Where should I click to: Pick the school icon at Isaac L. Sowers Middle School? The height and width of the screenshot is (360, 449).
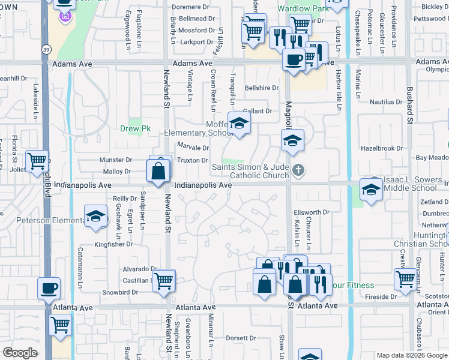pyautogui.click(x=370, y=190)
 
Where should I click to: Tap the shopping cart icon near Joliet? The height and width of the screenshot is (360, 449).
pyautogui.click(x=37, y=160)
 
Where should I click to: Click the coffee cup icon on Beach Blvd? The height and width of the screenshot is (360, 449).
pyautogui.click(x=49, y=288)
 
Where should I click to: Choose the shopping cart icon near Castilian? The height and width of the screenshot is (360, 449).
pyautogui.click(x=163, y=280)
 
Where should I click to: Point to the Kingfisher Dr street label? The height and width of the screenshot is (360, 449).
pyautogui.click(x=113, y=244)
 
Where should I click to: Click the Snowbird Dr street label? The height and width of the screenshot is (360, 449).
pyautogui.click(x=119, y=292)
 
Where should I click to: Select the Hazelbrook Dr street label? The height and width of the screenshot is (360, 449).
pyautogui.click(x=381, y=148)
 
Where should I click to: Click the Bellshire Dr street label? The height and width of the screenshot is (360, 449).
pyautogui.click(x=262, y=88)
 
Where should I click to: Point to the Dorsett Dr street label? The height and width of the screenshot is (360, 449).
pyautogui.click(x=242, y=338)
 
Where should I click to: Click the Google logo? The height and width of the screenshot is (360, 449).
pyautogui.click(x=20, y=352)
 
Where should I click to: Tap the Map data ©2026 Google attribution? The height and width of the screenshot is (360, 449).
pyautogui.click(x=411, y=355)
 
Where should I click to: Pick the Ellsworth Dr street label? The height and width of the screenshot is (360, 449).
pyautogui.click(x=312, y=212)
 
